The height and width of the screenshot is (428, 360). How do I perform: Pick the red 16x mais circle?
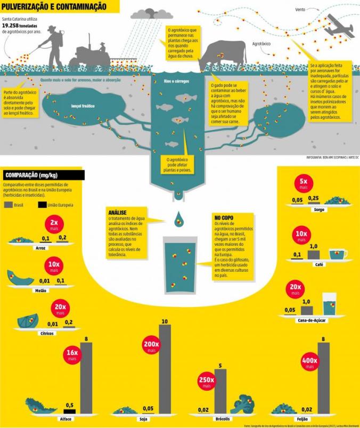pos(72,355)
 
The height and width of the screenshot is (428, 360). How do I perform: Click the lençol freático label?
pos(83,106)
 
